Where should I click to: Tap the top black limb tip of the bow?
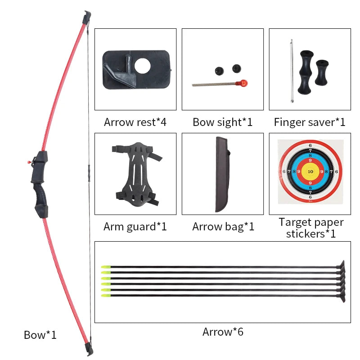(86, 18)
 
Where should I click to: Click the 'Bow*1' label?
(40, 335)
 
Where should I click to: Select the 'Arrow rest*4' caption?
(135, 122)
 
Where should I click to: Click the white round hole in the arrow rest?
(144, 66)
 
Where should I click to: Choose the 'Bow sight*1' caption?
(222, 122)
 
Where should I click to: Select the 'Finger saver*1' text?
(310, 122)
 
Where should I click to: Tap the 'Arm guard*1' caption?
(135, 226)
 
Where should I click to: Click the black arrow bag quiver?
(222, 174)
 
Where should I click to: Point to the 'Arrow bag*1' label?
(223, 226)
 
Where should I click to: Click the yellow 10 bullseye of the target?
(310, 171)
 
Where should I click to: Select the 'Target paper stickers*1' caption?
(310, 228)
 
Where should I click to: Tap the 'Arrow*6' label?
(223, 332)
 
